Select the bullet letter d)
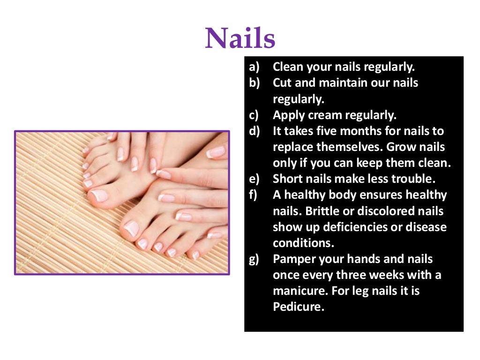[x=255, y=131]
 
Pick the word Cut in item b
[x=282, y=83]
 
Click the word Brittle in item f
[x=323, y=211]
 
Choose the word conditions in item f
[x=300, y=243]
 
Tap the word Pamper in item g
[x=293, y=259]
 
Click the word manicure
[x=300, y=291]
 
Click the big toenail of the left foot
[x=100, y=195]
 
